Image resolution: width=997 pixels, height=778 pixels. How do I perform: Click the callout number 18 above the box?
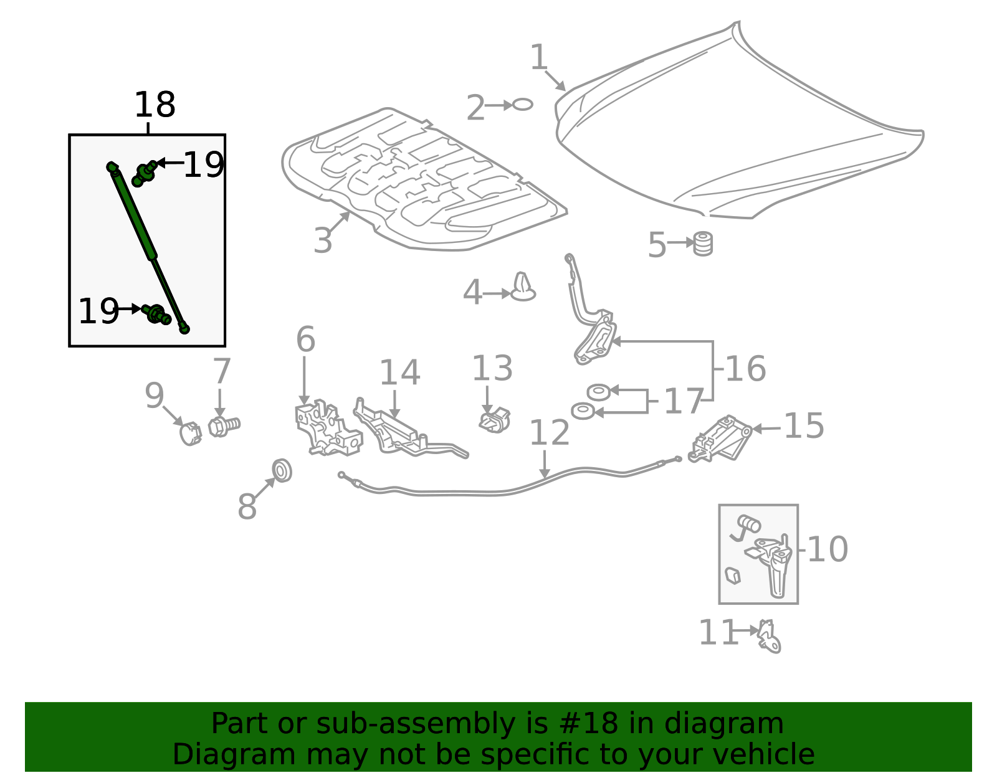(155, 105)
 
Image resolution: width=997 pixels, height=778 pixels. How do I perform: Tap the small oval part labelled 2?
(522, 105)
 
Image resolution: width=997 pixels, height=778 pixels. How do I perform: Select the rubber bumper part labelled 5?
(702, 244)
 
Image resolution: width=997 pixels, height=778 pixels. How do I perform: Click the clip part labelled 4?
(523, 287)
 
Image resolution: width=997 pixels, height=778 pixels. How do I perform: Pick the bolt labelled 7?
(224, 426)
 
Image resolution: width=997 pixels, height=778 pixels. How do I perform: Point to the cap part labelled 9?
(190, 434)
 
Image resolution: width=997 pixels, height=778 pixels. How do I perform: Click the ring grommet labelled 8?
(282, 470)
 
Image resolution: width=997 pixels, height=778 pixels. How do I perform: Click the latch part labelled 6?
(328, 428)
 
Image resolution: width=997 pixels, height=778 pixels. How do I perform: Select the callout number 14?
(399, 372)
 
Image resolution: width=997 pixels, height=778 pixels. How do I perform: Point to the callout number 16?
(746, 369)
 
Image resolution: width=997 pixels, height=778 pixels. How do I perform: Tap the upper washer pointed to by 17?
(599, 392)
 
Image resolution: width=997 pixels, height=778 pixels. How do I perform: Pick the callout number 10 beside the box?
(828, 549)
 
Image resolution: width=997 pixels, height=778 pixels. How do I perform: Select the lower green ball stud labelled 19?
(156, 314)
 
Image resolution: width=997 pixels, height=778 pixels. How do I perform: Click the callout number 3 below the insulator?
(323, 240)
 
